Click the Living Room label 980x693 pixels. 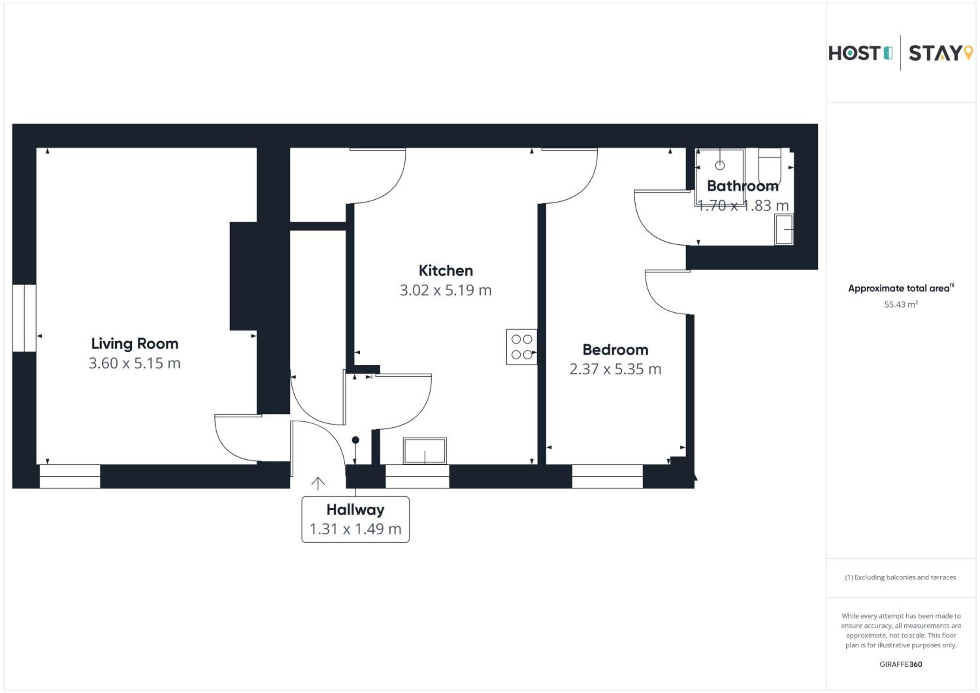[x=135, y=344]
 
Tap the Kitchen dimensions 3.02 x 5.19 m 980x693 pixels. [x=446, y=290]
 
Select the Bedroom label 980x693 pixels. [x=615, y=350]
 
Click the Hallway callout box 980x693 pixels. [x=355, y=519]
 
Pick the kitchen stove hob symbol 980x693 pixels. [x=522, y=347]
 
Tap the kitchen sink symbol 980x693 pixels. [x=425, y=451]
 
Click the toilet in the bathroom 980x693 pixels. [x=769, y=167]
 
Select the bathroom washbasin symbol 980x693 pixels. [x=784, y=230]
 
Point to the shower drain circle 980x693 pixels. [x=720, y=165]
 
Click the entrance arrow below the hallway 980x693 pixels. [x=318, y=483]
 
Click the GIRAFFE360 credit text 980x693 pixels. [x=901, y=664]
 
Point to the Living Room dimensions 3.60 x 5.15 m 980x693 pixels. [x=135, y=363]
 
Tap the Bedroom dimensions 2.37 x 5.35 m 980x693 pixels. [x=615, y=369]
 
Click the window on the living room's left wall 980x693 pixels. [x=24, y=318]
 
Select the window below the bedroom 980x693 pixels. [x=607, y=476]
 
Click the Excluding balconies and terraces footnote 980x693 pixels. [x=901, y=577]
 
